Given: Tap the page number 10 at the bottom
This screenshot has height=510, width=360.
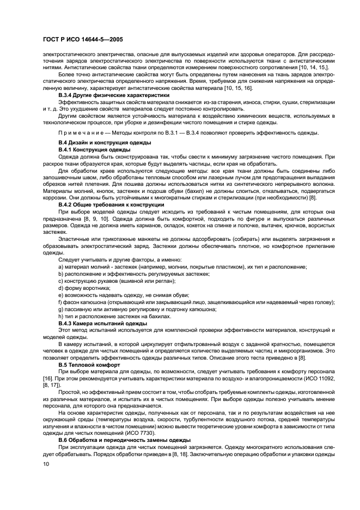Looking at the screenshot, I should coord(46,464).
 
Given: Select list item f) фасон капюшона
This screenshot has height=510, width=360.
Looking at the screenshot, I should coord(196,302).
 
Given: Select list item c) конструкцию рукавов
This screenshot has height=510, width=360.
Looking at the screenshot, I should coord(117,280).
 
